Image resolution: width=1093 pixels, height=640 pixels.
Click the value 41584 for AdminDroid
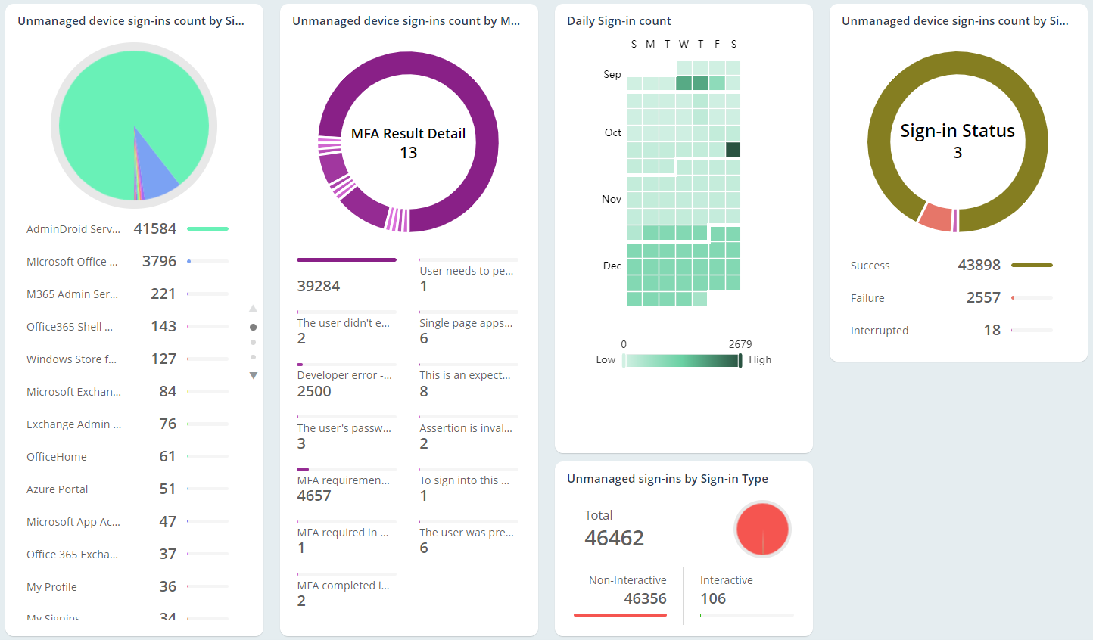pyautogui.click(x=154, y=228)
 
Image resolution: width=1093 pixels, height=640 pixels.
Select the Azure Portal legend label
pyautogui.click(x=58, y=489)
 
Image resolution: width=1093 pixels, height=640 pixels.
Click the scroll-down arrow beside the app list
pyautogui.click(x=254, y=375)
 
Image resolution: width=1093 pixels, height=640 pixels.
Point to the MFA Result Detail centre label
pyautogui.click(x=408, y=134)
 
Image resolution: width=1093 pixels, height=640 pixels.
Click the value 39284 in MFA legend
pyautogui.click(x=319, y=286)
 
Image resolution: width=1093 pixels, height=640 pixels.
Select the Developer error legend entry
pyautogui.click(x=344, y=375)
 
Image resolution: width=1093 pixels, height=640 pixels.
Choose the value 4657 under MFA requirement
pyautogui.click(x=314, y=496)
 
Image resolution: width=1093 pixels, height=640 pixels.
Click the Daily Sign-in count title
pyautogui.click(x=618, y=21)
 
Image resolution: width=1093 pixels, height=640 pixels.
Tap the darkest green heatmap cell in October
pyautogui.click(x=733, y=149)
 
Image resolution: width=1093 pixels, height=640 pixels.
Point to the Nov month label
pyautogui.click(x=612, y=199)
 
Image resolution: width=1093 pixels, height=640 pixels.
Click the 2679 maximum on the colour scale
pyautogui.click(x=740, y=344)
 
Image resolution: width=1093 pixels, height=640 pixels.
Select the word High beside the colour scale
pyautogui.click(x=760, y=360)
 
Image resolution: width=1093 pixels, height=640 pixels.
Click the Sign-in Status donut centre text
pyautogui.click(x=957, y=132)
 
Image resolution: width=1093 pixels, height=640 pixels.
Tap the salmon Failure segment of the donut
pyautogui.click(x=936, y=217)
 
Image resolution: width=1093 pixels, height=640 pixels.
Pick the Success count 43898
pyautogui.click(x=979, y=265)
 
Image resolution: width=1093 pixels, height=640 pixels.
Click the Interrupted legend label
pyautogui.click(x=880, y=331)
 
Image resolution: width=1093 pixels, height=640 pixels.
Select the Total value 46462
pyautogui.click(x=614, y=538)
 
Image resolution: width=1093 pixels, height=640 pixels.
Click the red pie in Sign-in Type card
pyautogui.click(x=762, y=529)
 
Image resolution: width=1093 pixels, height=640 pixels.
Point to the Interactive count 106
pyautogui.click(x=713, y=598)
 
